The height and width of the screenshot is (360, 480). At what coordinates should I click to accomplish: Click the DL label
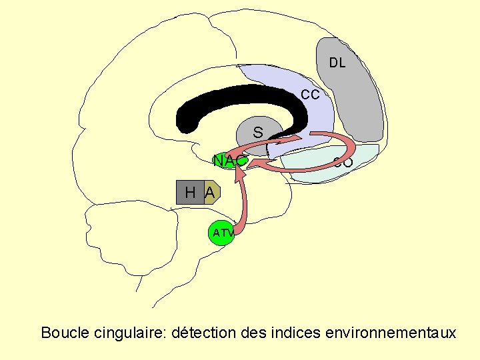point(337,63)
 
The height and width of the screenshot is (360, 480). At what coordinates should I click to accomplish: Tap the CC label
point(310,95)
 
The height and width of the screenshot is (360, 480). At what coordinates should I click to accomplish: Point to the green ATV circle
point(221,233)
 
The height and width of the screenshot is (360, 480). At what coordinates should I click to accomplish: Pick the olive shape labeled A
point(210,193)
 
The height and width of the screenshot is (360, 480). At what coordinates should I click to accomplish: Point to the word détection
point(202,332)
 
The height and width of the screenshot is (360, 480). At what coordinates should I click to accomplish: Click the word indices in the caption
point(295,332)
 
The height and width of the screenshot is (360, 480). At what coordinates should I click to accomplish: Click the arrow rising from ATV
point(244,200)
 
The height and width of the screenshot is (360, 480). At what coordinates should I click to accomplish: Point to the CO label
point(343,162)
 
